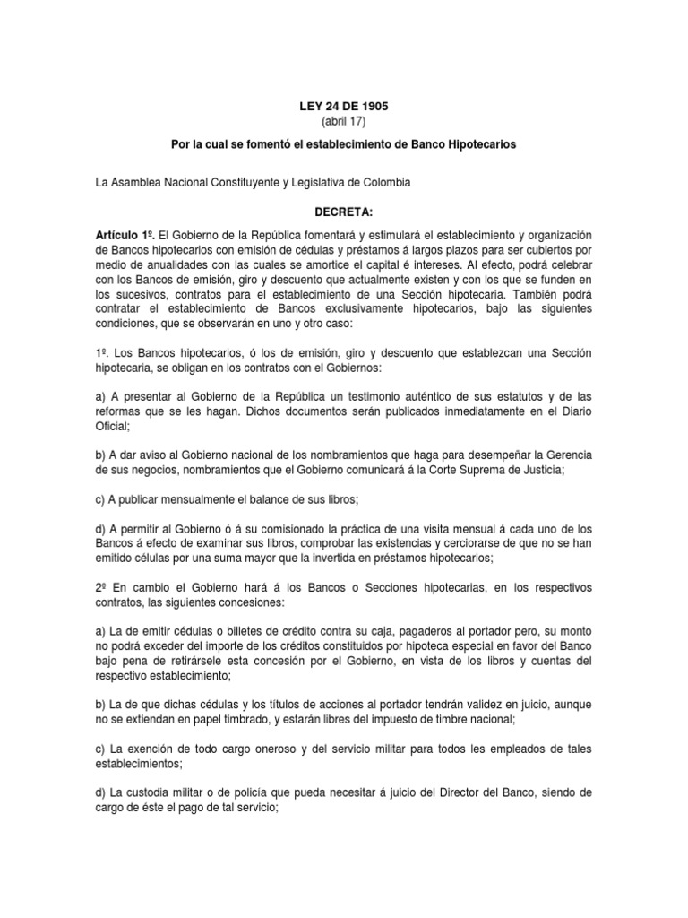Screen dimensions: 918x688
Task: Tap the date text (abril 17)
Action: pyautogui.click(x=344, y=121)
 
